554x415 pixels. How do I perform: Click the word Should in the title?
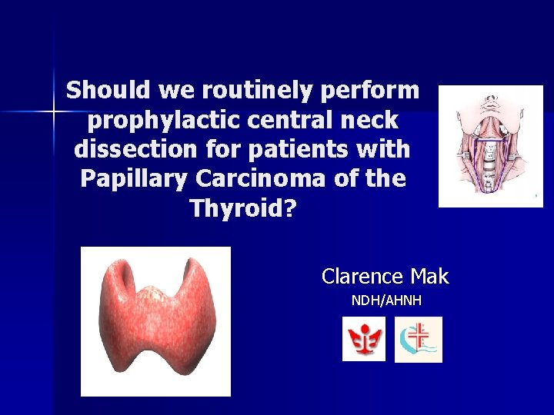click(108, 91)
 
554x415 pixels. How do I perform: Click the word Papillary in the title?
click(123, 178)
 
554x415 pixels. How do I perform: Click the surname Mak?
click(429, 276)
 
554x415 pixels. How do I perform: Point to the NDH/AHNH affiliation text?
click(386, 300)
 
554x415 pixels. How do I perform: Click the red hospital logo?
click(363, 339)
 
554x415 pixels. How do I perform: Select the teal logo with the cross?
click(419, 340)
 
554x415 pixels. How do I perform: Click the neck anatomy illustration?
click(490, 146)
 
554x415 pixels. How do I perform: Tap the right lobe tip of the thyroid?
click(195, 268)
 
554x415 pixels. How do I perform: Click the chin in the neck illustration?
click(490, 98)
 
